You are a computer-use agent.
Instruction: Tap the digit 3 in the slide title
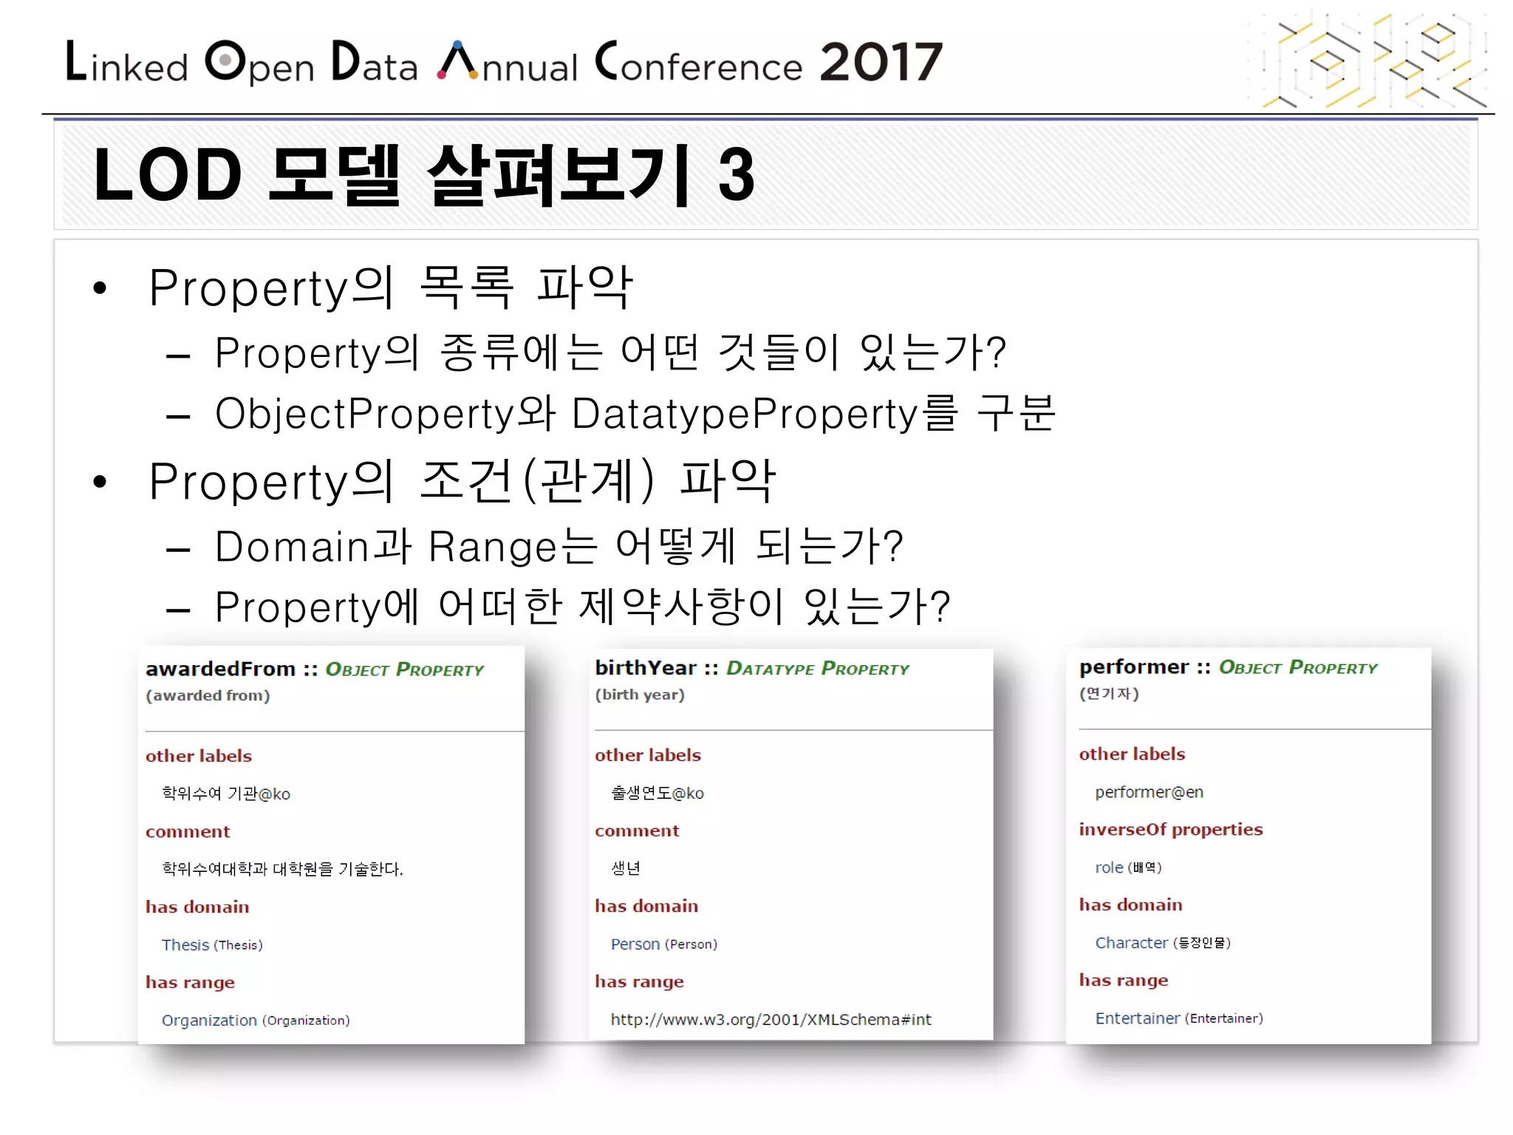736,175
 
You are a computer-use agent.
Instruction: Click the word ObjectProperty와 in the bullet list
384,413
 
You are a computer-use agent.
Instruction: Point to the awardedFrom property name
220,669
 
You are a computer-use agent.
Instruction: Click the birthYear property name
646,668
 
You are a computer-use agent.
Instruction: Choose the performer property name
1133,667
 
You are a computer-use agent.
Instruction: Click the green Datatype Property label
817,669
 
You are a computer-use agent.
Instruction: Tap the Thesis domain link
185,945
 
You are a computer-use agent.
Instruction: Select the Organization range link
209,1020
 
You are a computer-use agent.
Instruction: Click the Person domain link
635,944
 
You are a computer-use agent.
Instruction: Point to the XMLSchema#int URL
771,1020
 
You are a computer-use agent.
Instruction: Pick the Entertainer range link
1137,1018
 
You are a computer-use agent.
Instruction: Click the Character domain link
1131,943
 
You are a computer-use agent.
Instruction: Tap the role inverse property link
1109,868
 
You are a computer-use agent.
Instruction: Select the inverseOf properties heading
1170,829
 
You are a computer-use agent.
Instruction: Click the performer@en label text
1149,792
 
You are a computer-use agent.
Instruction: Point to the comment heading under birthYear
636,831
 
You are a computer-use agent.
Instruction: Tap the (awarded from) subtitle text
208,695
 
